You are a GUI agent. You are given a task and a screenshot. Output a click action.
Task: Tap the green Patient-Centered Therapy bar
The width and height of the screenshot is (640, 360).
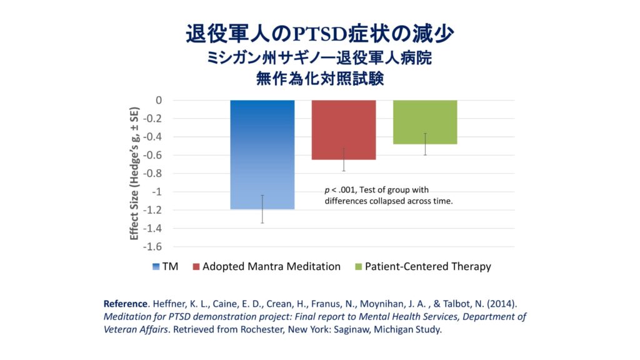425,122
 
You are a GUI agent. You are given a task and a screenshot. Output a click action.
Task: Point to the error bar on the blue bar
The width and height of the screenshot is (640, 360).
262,209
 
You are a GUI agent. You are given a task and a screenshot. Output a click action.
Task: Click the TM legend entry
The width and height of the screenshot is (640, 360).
165,266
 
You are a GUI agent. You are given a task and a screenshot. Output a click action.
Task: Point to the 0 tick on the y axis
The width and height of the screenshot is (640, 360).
159,100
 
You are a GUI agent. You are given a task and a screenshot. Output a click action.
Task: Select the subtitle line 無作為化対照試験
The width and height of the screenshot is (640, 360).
319,79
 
